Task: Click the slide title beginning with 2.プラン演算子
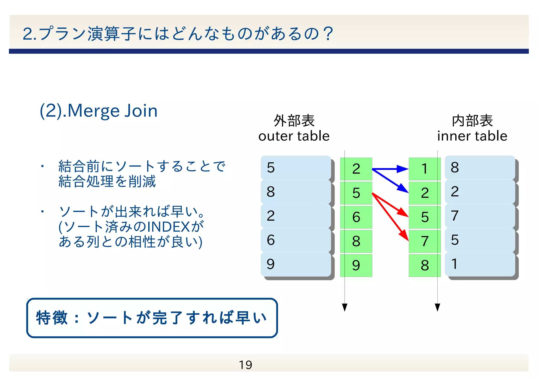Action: click(x=178, y=34)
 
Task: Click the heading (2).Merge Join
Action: click(x=99, y=111)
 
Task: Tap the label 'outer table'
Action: click(x=294, y=136)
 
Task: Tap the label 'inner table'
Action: click(x=472, y=136)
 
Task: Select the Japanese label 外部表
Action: click(x=294, y=121)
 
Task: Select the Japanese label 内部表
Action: click(x=472, y=121)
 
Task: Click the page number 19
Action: click(x=245, y=365)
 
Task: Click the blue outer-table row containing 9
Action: click(x=296, y=264)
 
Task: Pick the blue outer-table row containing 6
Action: click(x=296, y=240)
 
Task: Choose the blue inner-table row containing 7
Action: click(x=480, y=216)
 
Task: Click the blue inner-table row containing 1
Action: click(x=480, y=264)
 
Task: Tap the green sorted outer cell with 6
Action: click(x=356, y=217)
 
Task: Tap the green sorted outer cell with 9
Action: click(x=356, y=266)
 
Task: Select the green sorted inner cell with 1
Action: click(x=425, y=169)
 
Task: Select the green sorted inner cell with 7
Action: click(x=425, y=241)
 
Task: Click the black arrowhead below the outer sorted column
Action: click(x=345, y=307)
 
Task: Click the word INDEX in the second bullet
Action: click(x=169, y=227)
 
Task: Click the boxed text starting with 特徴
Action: click(x=152, y=318)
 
